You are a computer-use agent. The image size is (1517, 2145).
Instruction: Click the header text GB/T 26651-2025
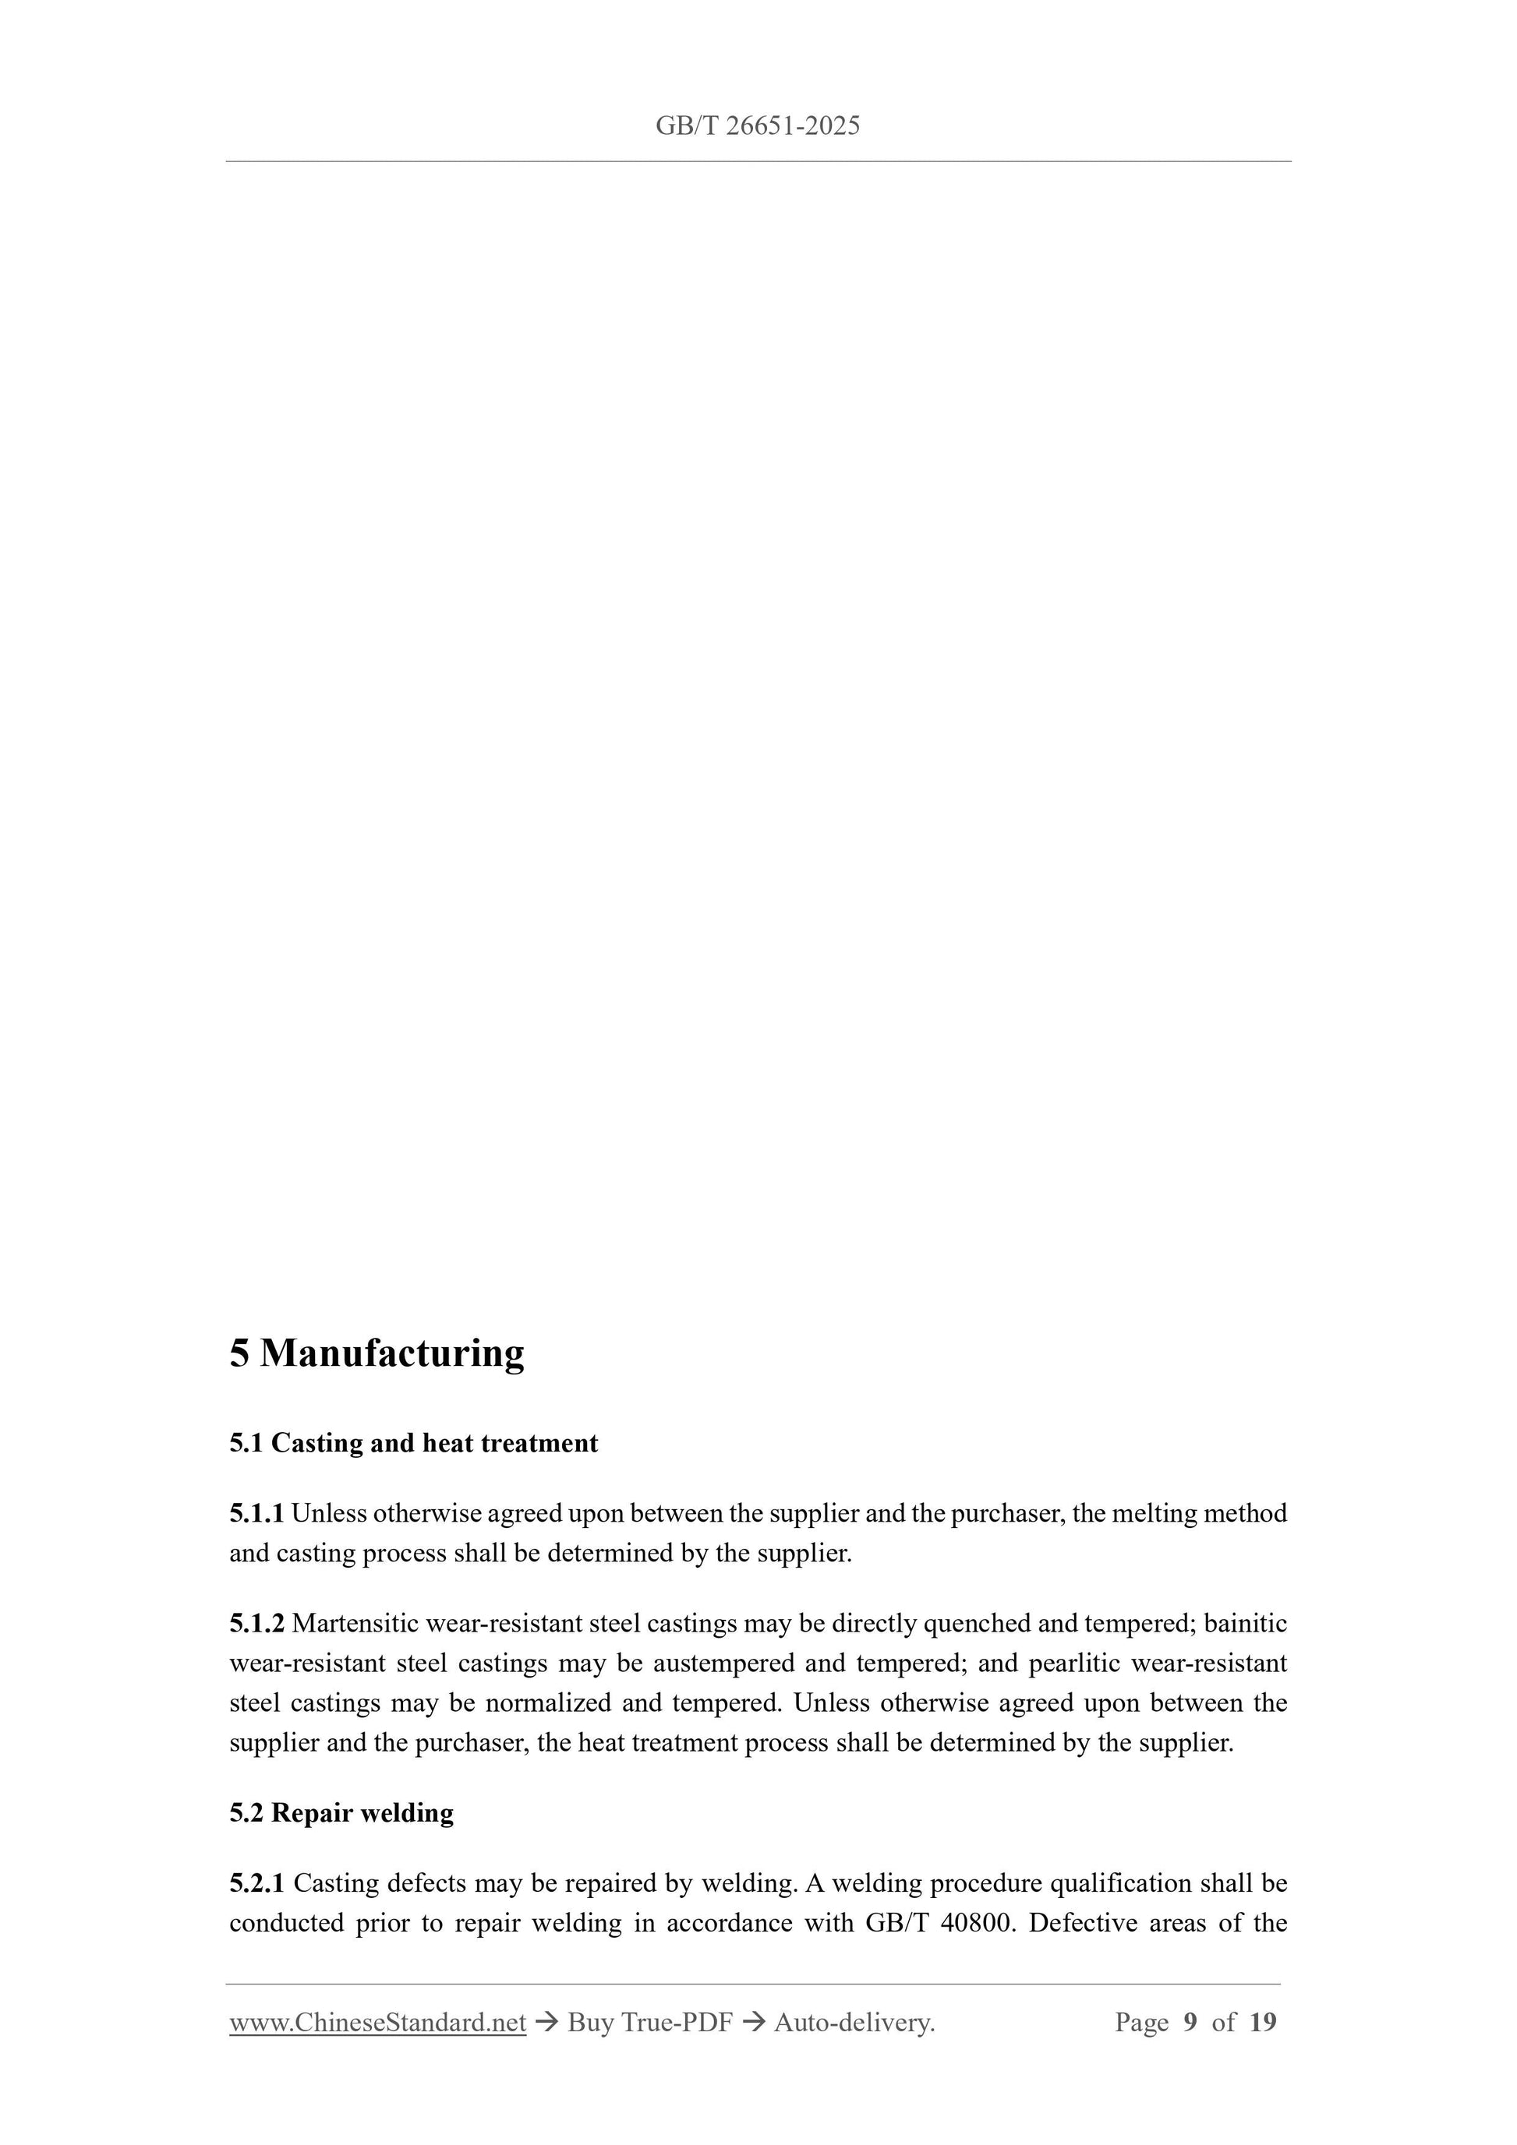coord(757,126)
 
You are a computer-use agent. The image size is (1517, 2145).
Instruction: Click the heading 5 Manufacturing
coord(377,1353)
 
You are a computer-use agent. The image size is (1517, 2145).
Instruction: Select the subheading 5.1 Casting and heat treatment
coord(413,1444)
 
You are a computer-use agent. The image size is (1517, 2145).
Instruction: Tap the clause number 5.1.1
coord(256,1513)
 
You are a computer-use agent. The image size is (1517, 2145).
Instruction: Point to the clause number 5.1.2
coord(256,1624)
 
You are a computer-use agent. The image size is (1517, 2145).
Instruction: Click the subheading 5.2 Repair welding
coord(341,1813)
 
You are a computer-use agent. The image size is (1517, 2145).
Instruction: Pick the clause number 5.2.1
coord(256,1883)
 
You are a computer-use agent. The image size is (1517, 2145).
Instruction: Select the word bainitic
coord(1245,1624)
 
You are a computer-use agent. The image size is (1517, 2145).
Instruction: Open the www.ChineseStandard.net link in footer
coord(377,2023)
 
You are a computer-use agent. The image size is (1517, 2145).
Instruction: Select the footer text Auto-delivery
coord(854,2023)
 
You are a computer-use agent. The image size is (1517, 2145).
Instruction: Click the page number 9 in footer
coord(1190,2023)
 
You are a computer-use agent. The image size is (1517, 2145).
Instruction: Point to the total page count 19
coord(1262,2023)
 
